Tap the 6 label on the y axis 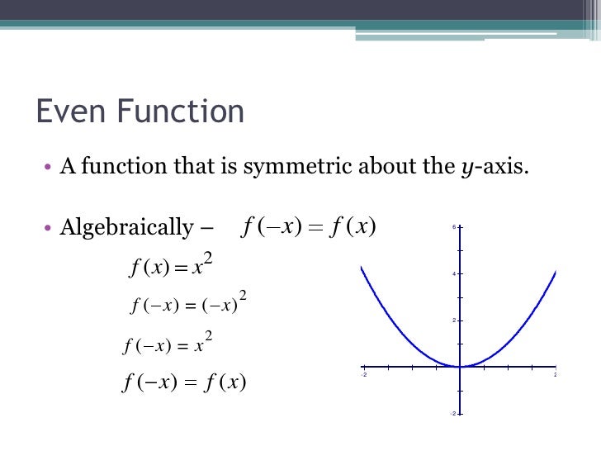click(453, 227)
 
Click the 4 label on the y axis click(453, 273)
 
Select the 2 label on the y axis click(453, 320)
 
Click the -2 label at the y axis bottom click(452, 412)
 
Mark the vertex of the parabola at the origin click(460, 367)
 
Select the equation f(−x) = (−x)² click(189, 304)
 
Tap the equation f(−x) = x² click(168, 344)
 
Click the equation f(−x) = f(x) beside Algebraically click(310, 226)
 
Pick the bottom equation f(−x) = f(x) click(184, 382)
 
